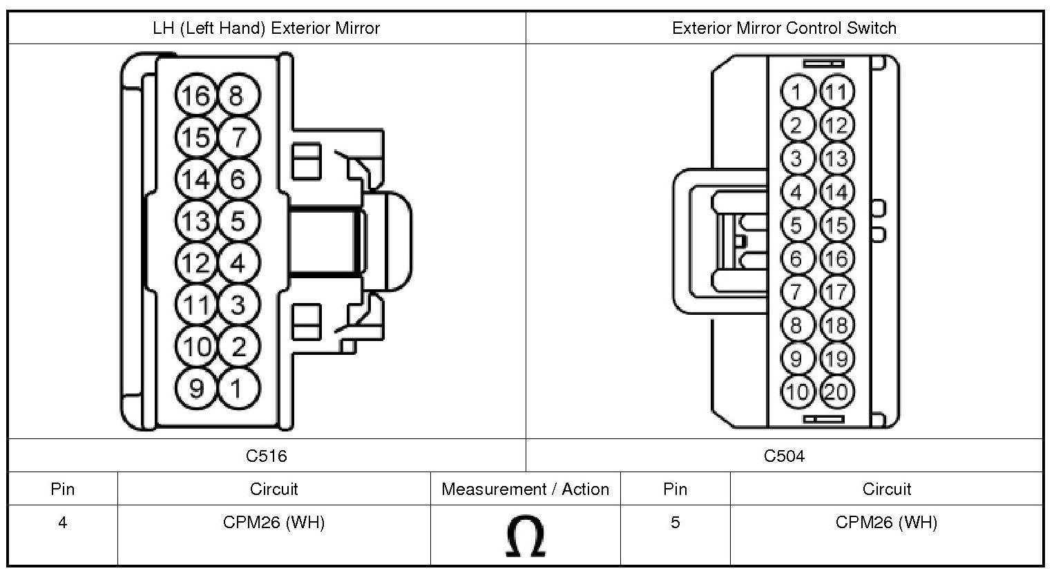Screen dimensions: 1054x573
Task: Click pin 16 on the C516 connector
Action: click(x=195, y=95)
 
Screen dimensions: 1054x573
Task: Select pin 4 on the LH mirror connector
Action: click(x=238, y=262)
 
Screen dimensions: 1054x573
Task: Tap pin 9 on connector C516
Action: click(x=195, y=389)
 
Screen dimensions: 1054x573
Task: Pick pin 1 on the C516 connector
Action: click(x=238, y=389)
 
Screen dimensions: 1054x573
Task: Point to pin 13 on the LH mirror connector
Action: click(x=195, y=221)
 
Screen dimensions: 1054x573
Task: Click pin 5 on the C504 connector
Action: click(x=797, y=225)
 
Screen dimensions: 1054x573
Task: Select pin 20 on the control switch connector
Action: click(x=837, y=392)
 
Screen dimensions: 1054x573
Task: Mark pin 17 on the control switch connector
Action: click(x=837, y=292)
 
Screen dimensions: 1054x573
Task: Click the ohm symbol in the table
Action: click(x=526, y=536)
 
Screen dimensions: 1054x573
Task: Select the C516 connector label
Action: click(x=267, y=456)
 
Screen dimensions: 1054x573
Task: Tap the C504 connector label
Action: click(x=784, y=456)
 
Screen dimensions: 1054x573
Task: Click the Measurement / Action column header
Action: click(x=526, y=489)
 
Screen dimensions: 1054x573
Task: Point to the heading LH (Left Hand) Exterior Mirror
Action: click(x=267, y=28)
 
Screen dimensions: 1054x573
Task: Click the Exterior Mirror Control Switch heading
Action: click(x=785, y=28)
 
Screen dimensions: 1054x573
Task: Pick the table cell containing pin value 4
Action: click(x=63, y=535)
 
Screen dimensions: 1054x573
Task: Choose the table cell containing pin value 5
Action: click(x=675, y=535)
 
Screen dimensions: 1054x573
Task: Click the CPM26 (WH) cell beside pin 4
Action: click(x=274, y=535)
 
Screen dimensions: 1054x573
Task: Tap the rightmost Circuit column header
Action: click(x=887, y=489)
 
